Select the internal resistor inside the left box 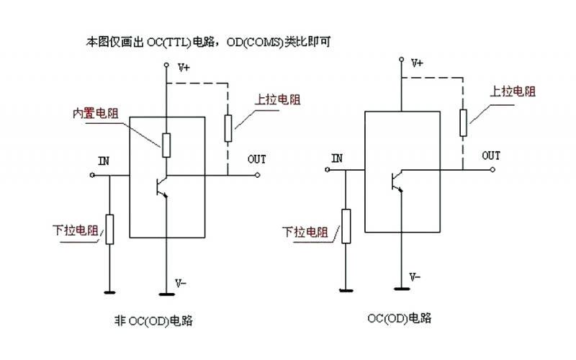click(166, 144)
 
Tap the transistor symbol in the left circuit click(163, 186)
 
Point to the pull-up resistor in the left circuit click(228, 128)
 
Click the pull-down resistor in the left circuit click(109, 229)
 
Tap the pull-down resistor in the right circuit click(346, 225)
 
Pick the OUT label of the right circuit click(491, 156)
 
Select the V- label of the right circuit click(415, 276)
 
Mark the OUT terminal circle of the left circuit click(257, 175)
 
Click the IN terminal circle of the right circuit click(326, 171)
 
